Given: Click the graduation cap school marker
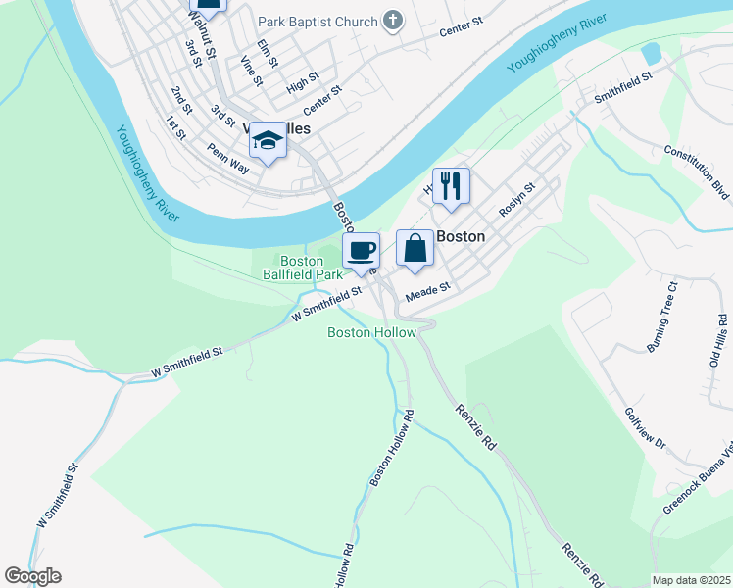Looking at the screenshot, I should click(x=268, y=141).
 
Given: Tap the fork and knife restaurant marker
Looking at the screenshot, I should click(x=451, y=185).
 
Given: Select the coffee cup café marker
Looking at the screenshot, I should click(x=361, y=250).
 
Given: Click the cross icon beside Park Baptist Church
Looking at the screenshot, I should click(x=392, y=20).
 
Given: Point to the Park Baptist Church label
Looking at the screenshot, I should click(x=318, y=21).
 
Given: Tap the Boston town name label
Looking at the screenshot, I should click(x=461, y=236).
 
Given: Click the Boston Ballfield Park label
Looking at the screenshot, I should click(x=302, y=268).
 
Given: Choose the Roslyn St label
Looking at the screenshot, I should click(x=516, y=200).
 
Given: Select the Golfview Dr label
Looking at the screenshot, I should click(x=646, y=428).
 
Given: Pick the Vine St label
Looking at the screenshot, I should click(x=250, y=72).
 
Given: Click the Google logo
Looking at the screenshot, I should click(x=32, y=576).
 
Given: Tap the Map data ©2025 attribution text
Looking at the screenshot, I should click(x=691, y=580).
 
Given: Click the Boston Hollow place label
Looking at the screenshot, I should click(x=371, y=332).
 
